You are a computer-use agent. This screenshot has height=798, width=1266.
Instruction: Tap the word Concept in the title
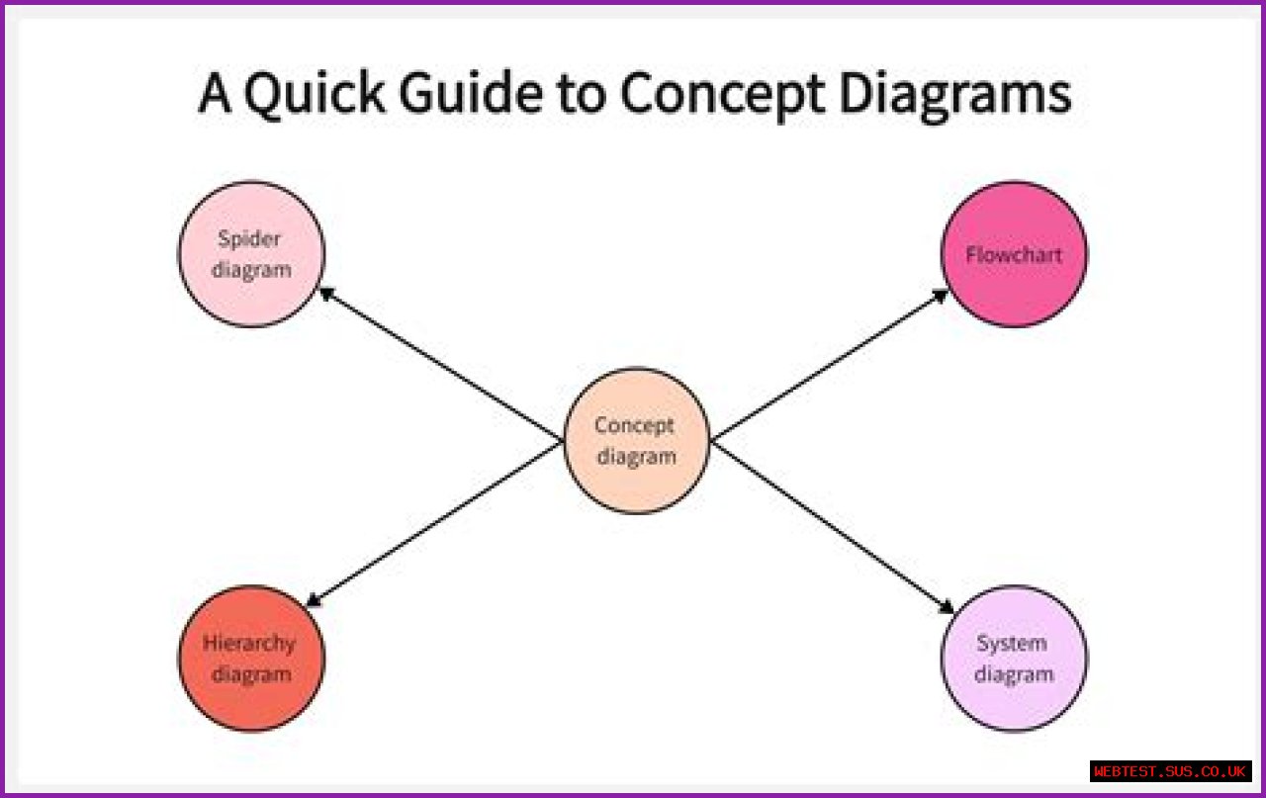[723, 95]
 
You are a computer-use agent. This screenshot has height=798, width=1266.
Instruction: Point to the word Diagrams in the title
[955, 95]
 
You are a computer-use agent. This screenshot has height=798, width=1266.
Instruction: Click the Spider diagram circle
[251, 254]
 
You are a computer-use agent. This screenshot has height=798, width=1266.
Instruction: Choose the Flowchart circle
[1014, 254]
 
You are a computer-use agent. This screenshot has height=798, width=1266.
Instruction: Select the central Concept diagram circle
[636, 441]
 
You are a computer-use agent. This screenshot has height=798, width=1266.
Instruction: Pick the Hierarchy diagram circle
[251, 659]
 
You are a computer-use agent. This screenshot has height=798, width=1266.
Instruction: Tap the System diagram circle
[1014, 659]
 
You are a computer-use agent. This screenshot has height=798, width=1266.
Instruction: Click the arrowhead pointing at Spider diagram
[323, 293]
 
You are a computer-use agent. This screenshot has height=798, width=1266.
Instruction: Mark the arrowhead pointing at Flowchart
[942, 294]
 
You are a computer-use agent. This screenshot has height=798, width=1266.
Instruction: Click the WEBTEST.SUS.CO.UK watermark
[1171, 770]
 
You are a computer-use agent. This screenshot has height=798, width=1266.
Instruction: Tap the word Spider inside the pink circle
[250, 239]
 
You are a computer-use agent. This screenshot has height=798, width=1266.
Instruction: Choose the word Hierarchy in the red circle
[249, 644]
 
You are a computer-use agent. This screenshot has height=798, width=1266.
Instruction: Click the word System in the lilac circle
[1011, 644]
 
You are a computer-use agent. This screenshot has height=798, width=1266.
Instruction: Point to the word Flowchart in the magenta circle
[1014, 255]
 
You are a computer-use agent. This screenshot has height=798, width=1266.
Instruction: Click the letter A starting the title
[215, 95]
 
